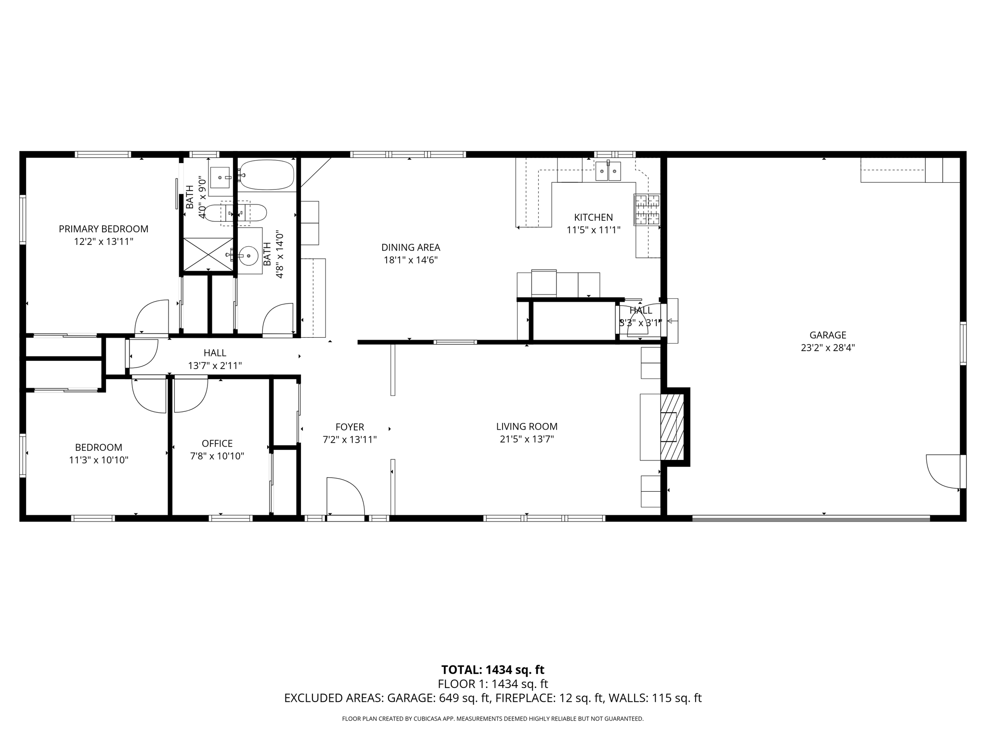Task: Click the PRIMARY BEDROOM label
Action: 104,229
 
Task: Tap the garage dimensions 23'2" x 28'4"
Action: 828,348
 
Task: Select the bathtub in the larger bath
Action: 267,175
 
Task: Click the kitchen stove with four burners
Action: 647,210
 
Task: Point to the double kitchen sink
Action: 608,171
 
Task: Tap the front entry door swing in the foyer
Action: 345,497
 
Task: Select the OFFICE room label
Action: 217,444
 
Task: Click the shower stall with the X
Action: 208,255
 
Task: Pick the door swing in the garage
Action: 943,471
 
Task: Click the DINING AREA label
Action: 411,247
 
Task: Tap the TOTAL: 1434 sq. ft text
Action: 493,670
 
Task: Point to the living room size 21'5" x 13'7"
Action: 527,439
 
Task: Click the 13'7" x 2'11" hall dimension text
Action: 215,366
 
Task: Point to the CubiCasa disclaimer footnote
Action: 493,719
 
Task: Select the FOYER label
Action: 350,427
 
